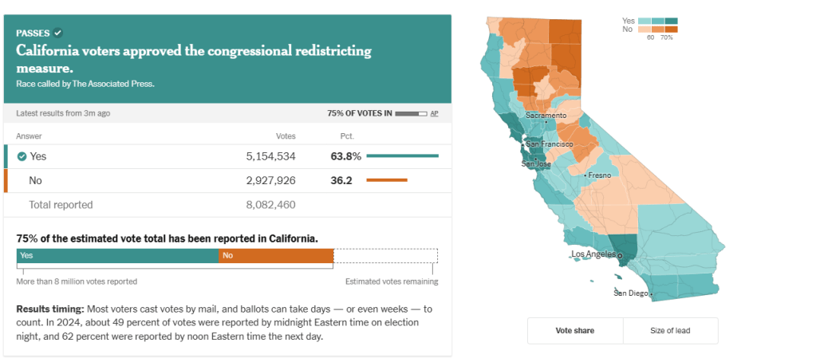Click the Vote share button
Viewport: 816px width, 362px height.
574,330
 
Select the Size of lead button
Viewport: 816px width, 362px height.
670,330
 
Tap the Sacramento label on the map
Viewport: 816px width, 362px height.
546,116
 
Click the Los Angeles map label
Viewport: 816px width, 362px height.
594,254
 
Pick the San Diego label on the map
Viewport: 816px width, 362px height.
631,293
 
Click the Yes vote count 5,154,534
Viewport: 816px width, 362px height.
270,156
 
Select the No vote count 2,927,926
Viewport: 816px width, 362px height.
270,180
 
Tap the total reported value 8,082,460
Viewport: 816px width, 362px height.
270,205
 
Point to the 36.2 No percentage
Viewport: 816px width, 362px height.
341,180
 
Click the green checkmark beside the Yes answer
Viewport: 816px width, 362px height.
22,156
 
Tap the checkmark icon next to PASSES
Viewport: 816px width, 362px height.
57,33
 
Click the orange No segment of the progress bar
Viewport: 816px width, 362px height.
275,256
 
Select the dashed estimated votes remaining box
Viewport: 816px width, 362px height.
385,256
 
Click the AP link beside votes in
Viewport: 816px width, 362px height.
434,113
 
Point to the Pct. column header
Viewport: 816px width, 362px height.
347,136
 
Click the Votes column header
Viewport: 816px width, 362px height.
285,136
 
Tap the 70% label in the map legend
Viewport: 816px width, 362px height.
666,37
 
